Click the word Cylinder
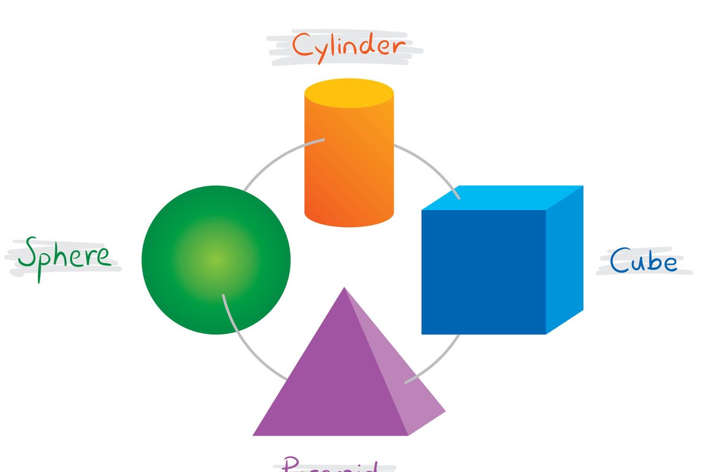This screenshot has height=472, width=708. click(x=349, y=45)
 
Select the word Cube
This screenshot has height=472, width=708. click(x=643, y=260)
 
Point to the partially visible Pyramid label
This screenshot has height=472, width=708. click(x=329, y=464)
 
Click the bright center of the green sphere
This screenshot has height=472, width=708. click(x=216, y=260)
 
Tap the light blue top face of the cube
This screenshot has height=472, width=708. click(x=501, y=199)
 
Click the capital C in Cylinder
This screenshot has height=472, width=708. click(x=302, y=45)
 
